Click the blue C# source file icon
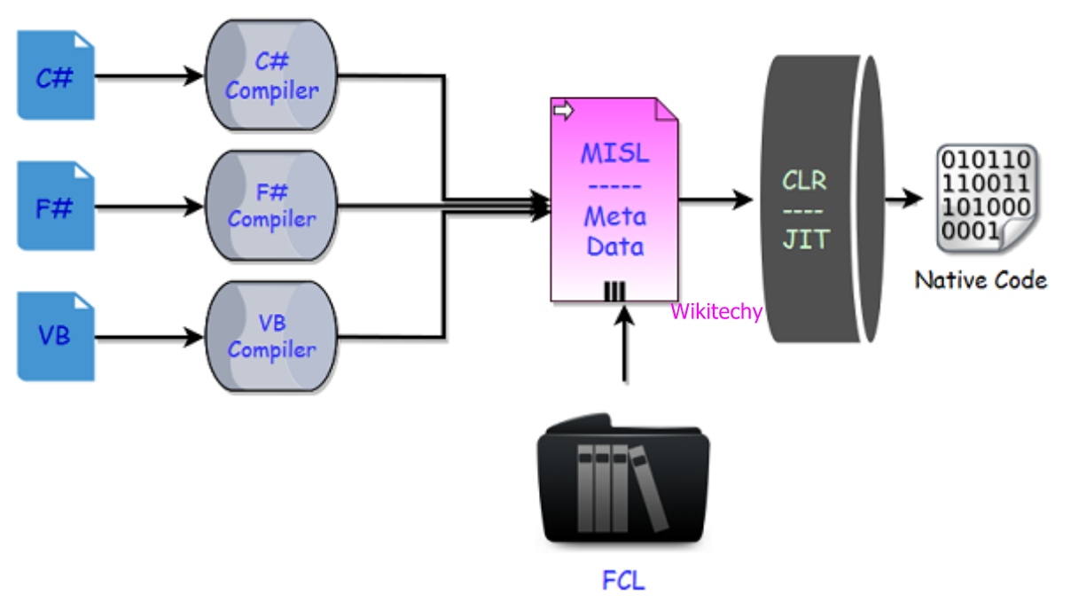(x=56, y=76)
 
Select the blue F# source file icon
(x=56, y=207)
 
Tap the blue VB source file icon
(x=56, y=338)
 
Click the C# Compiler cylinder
(x=272, y=76)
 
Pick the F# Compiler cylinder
(x=272, y=207)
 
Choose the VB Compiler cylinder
(x=272, y=338)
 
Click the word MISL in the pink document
(x=614, y=153)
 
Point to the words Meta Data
(x=614, y=230)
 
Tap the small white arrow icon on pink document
(x=562, y=111)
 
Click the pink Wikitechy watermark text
(x=716, y=312)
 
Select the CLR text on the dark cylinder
(x=804, y=181)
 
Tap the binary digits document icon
(x=984, y=197)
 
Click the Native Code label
(x=981, y=281)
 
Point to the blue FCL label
(x=623, y=581)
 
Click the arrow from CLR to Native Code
(x=903, y=198)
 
